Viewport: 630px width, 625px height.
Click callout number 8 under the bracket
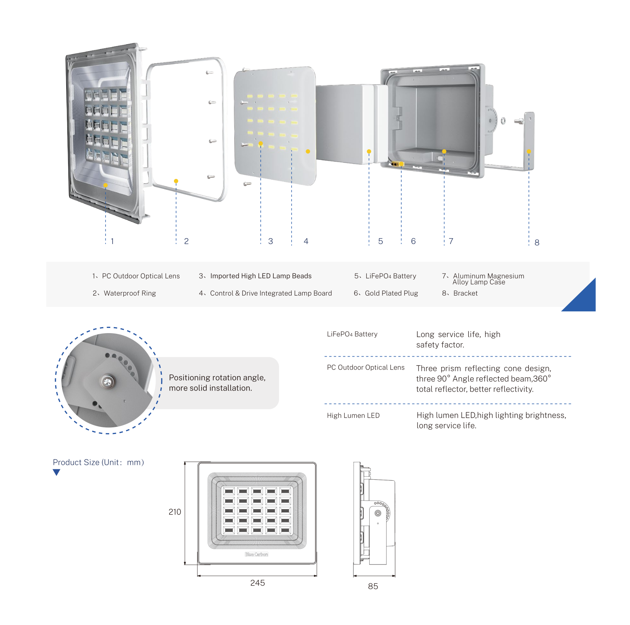(537, 243)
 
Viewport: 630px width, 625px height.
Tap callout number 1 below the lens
(112, 241)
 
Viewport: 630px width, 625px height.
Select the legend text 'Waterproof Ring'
(129, 293)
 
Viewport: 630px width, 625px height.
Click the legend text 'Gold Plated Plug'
(391, 293)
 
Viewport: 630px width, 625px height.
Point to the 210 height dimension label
(175, 512)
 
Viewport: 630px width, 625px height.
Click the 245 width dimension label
(257, 583)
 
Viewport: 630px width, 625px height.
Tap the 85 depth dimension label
(373, 586)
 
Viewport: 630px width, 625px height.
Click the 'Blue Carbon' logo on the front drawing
(257, 554)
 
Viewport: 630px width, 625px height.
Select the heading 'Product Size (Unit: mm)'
(98, 463)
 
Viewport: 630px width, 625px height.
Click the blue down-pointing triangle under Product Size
(56, 472)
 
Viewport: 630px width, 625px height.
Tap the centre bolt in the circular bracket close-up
(107, 382)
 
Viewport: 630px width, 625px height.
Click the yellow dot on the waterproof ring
(176, 181)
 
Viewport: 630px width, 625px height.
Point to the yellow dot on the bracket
(529, 151)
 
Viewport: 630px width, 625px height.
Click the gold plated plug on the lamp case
(397, 164)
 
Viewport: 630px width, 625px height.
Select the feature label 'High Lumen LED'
(353, 416)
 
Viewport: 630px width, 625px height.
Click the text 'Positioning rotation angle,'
(217, 378)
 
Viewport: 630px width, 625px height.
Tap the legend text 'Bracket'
(465, 293)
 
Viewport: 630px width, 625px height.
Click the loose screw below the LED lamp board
(247, 183)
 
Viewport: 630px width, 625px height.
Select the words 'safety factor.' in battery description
(440, 345)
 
